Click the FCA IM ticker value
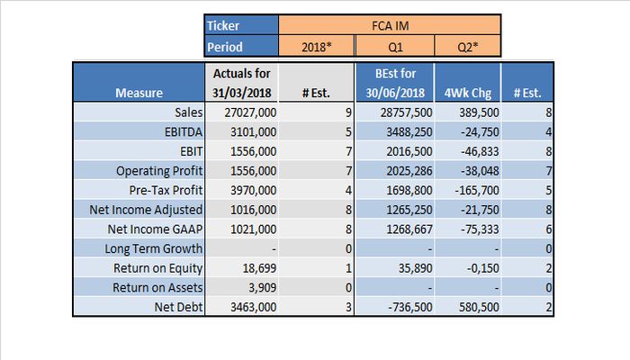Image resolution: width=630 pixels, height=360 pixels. coord(390,26)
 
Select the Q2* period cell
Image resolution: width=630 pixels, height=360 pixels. coord(468,47)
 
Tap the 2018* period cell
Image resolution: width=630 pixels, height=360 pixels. coord(316,47)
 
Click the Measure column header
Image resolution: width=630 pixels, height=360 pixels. coord(139,93)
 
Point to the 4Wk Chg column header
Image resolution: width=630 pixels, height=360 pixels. coord(468,94)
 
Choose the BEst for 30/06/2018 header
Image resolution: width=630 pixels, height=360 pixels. coord(395,83)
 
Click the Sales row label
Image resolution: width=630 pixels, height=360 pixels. coord(188,112)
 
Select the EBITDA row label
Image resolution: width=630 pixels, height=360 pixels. coord(184,131)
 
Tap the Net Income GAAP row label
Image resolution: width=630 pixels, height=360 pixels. coord(155,229)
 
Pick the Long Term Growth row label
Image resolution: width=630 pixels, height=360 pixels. coord(154,248)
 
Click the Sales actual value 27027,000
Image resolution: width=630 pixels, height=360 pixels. coord(250,112)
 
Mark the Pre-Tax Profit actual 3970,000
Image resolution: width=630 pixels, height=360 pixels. coord(253,190)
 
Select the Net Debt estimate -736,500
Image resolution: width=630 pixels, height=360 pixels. coord(409,307)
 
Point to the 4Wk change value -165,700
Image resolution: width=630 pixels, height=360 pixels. coord(477,190)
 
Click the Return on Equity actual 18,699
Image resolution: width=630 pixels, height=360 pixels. coord(259,268)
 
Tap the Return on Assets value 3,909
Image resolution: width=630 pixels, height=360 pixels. coord(262,288)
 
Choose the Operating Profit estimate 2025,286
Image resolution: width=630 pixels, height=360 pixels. coord(409,171)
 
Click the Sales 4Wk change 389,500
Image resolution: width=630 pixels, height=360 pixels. coord(479,112)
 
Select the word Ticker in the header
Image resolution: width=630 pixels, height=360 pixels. coord(223,26)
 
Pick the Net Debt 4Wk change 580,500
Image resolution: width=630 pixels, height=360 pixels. coord(479,307)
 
